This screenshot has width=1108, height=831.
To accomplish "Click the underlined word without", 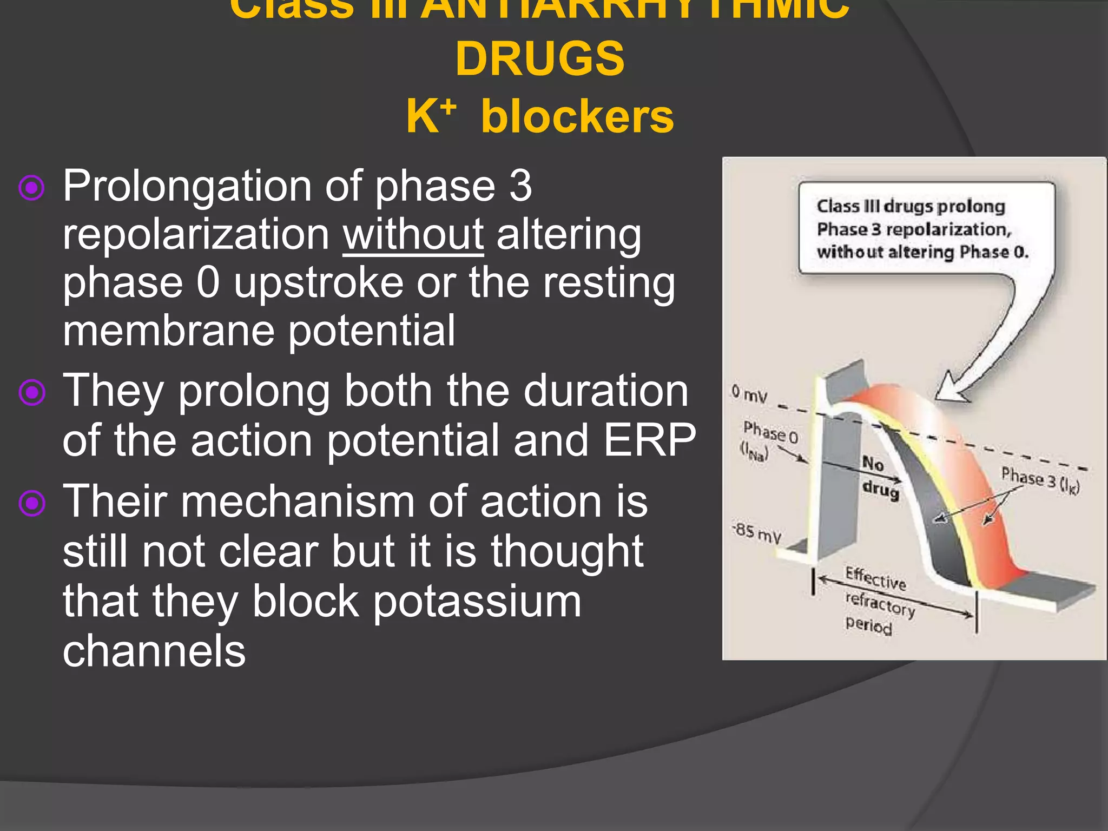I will (413, 234).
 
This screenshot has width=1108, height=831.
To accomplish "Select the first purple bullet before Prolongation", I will (31, 188).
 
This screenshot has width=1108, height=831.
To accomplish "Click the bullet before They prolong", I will (31, 392).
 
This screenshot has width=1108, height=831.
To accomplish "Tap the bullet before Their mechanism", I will (31, 503).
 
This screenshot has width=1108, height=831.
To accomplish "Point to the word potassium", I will (477, 601).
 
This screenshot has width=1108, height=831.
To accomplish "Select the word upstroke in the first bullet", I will (319, 282).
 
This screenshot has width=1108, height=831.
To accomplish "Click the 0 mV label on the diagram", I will (749, 393).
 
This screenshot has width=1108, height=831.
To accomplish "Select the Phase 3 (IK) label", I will (1039, 480).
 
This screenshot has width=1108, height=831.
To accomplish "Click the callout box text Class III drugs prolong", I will (911, 206).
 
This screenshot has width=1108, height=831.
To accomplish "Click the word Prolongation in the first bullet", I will (187, 186).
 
